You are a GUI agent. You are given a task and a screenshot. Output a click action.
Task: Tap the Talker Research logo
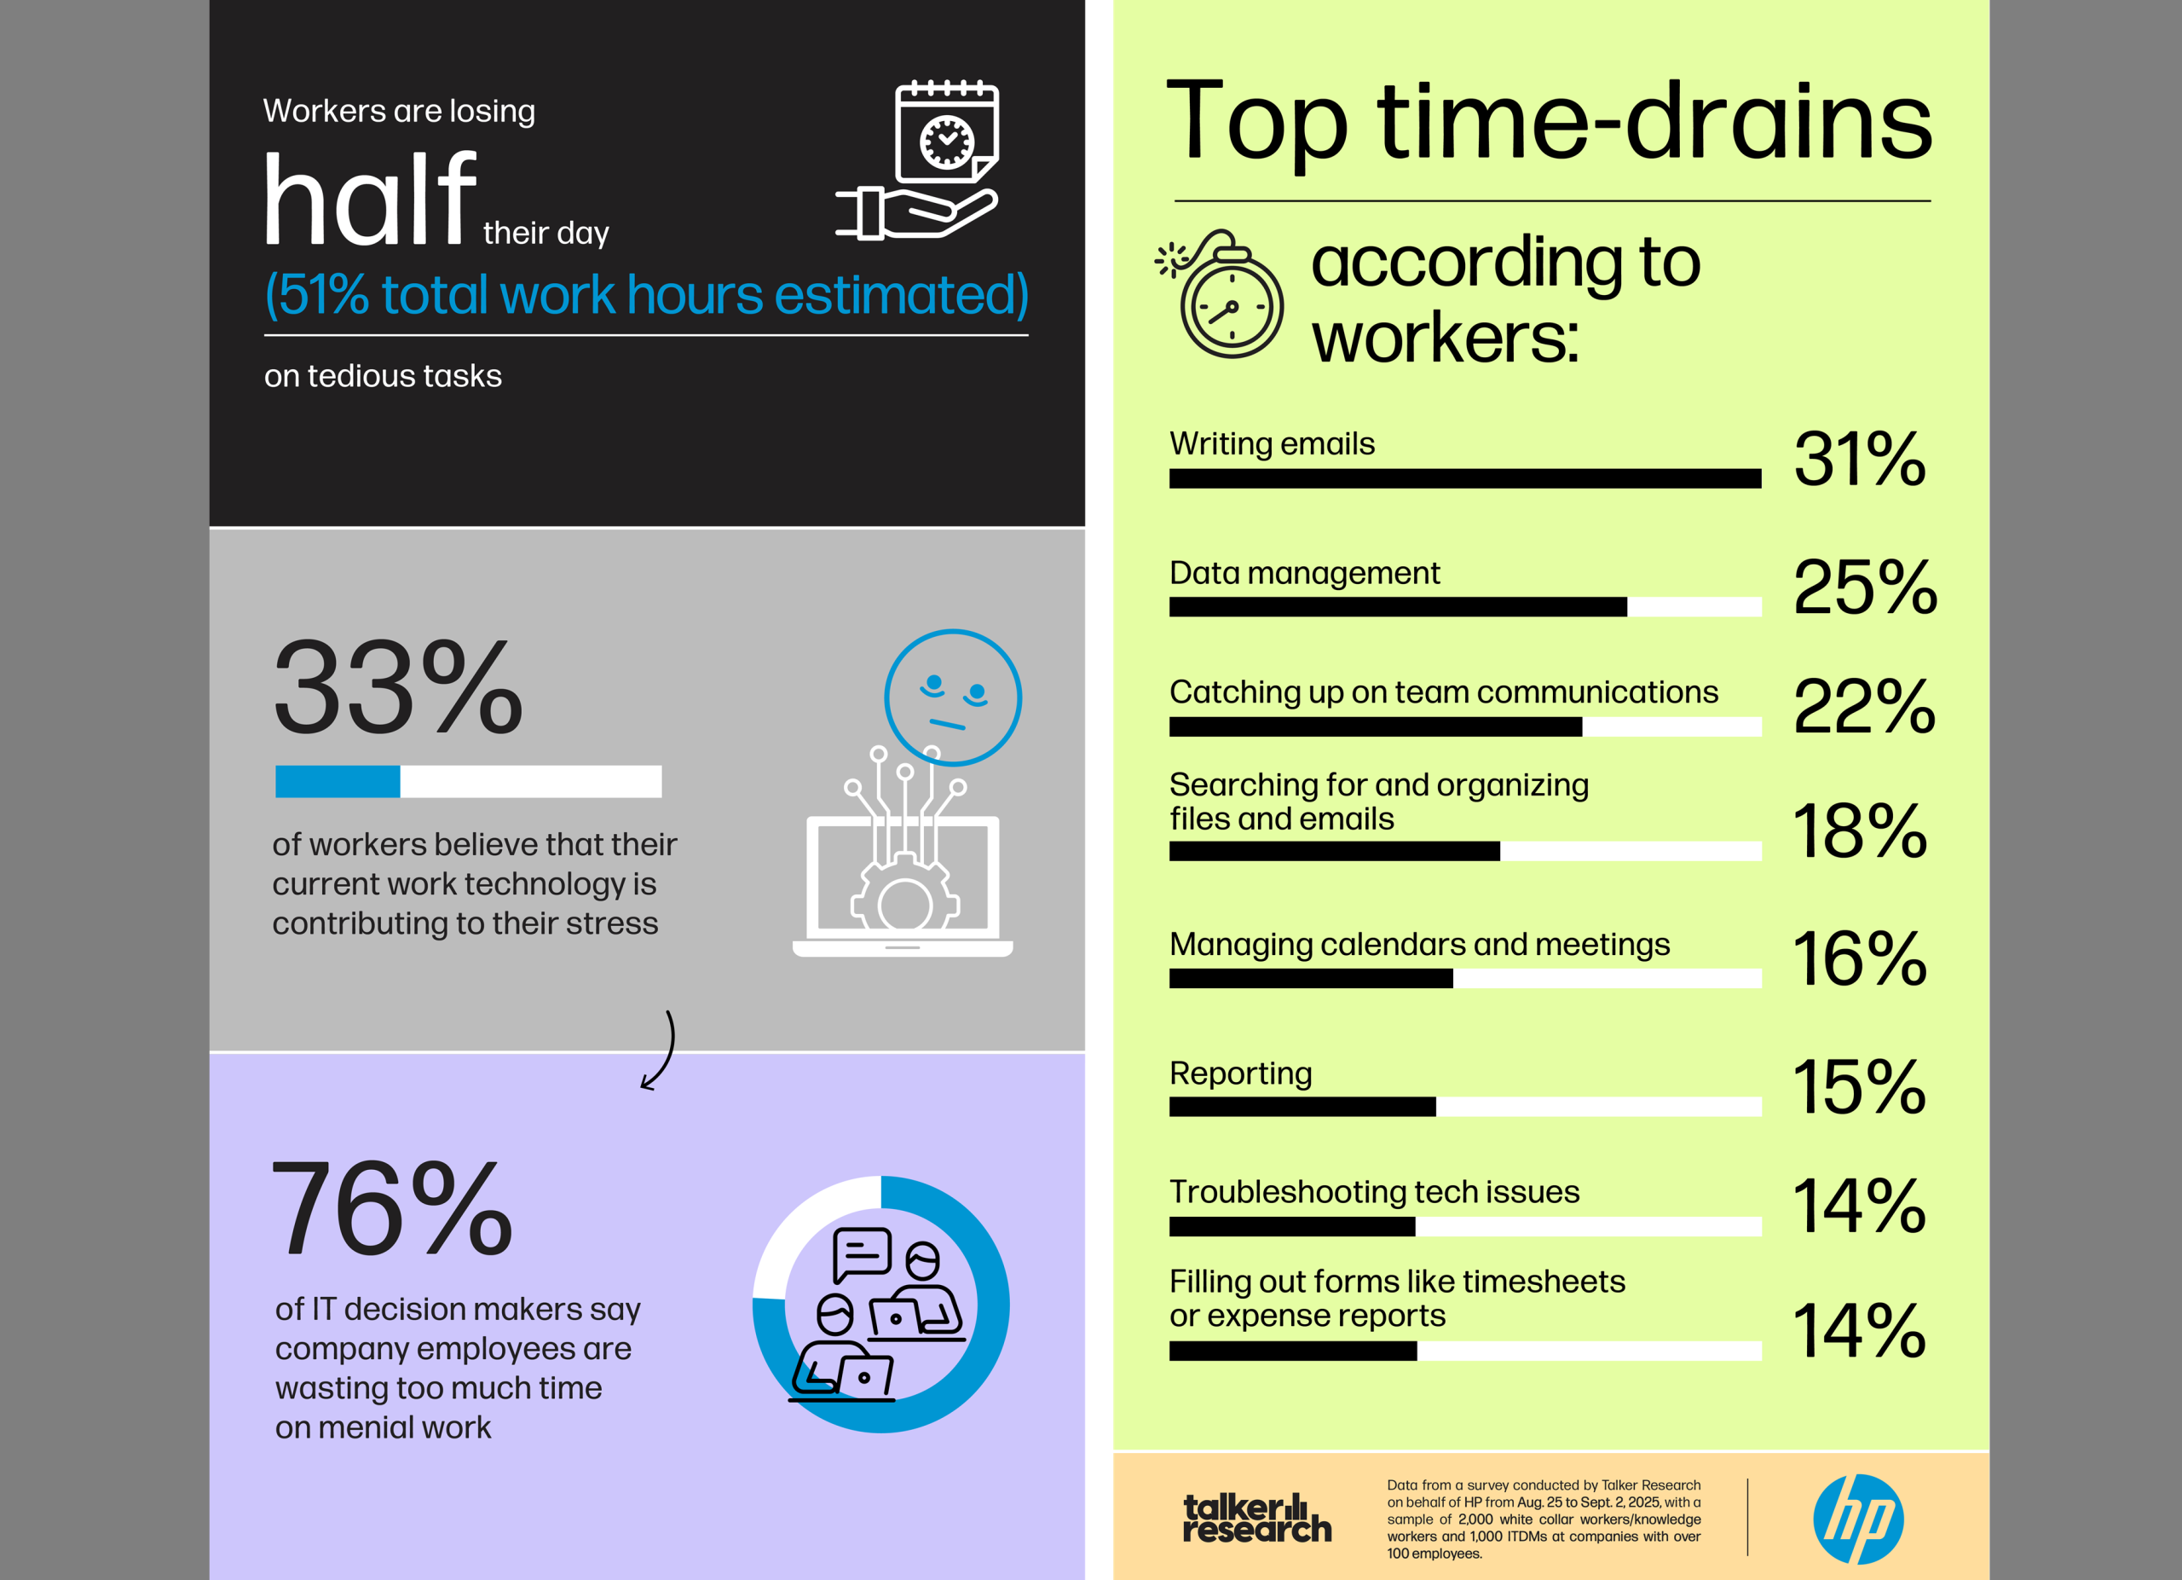(1256, 1519)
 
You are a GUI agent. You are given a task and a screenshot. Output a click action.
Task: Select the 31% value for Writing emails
(1859, 459)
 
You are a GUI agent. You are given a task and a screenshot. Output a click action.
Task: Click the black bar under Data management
(1397, 607)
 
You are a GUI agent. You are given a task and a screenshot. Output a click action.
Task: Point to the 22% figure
(1863, 707)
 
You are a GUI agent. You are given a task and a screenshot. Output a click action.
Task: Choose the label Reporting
(1240, 1073)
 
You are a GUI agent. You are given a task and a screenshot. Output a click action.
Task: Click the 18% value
(1859, 831)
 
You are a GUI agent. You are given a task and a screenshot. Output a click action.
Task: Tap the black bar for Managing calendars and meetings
(1310, 979)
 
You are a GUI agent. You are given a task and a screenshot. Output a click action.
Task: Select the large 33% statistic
(397, 688)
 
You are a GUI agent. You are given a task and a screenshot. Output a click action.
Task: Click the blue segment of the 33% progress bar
(337, 781)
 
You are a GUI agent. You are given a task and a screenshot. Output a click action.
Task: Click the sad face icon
(952, 697)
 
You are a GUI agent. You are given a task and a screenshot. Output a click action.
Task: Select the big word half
(371, 200)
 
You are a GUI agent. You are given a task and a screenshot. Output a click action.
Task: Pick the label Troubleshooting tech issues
(1374, 1191)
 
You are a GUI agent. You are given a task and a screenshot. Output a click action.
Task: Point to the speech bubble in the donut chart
(861, 1253)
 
